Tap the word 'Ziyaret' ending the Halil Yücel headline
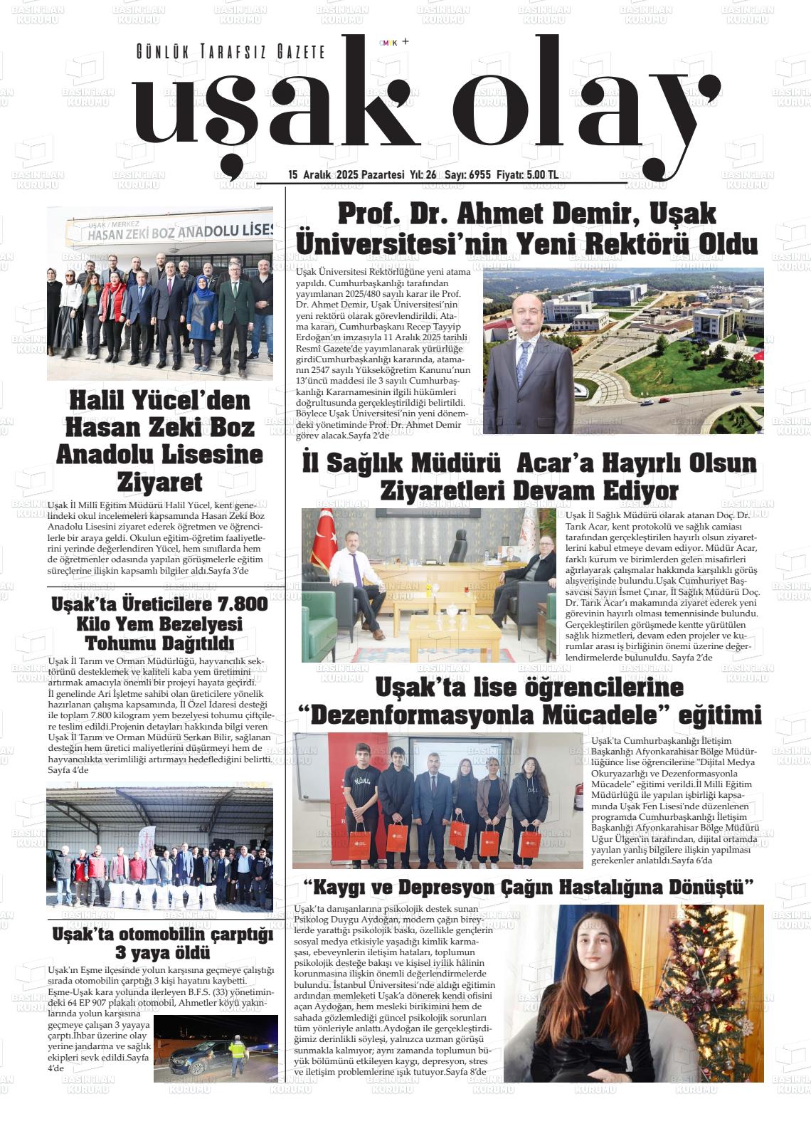coord(159,481)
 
